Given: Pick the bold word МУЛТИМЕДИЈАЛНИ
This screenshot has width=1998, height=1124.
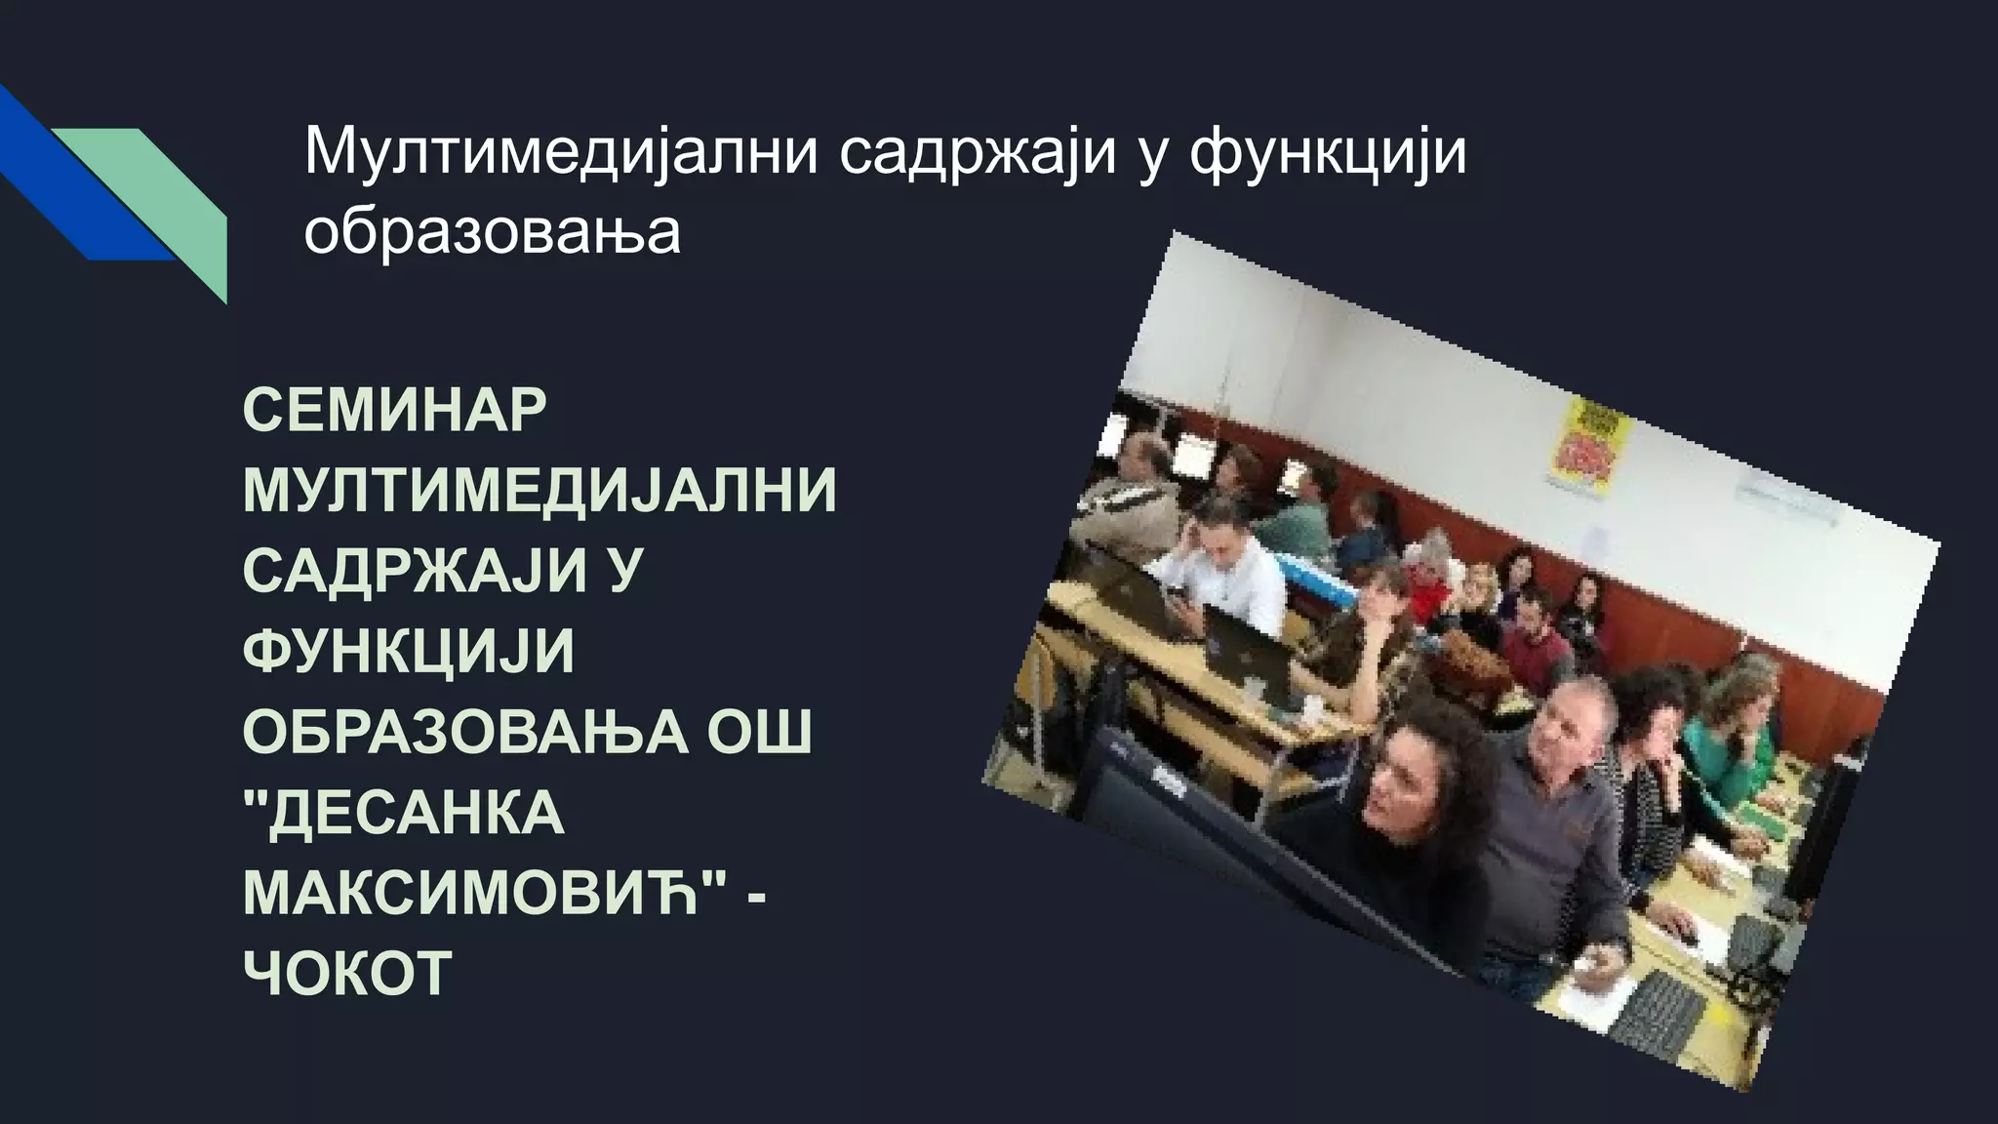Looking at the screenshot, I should click(539, 490).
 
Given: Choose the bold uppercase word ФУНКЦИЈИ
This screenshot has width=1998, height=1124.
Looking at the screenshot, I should click(409, 650).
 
